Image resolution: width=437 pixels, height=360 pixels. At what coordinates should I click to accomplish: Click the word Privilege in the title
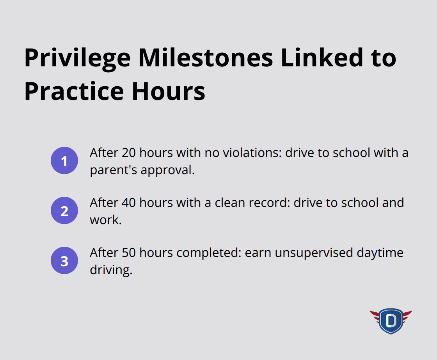point(77,58)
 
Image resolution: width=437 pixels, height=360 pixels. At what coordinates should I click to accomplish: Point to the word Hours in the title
point(168,91)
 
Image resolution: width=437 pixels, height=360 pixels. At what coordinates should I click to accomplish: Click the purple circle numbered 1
point(64,161)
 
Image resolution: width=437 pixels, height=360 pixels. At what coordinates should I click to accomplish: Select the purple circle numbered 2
point(64,211)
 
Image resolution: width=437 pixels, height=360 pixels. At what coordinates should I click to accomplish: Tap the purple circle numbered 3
point(64,261)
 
